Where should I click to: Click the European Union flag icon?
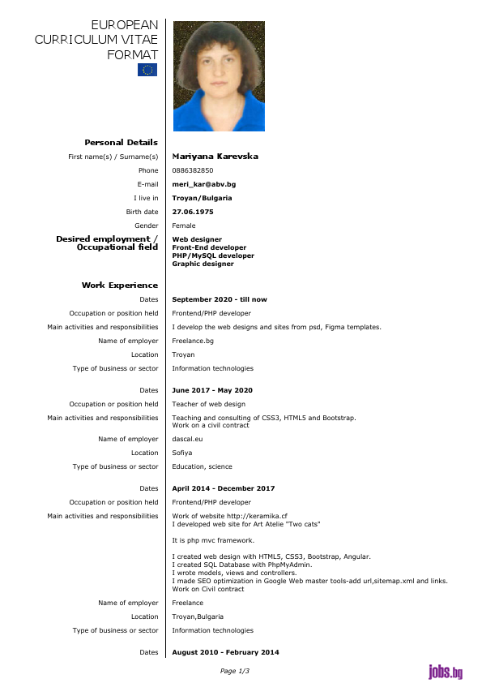click(x=147, y=70)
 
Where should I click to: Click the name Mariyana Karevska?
click(x=215, y=157)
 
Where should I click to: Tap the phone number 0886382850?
click(x=193, y=170)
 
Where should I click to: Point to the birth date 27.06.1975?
click(x=193, y=212)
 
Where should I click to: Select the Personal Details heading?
click(x=121, y=143)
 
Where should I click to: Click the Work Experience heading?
click(x=120, y=286)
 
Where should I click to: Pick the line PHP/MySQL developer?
click(x=213, y=256)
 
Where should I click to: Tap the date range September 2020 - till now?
click(x=219, y=299)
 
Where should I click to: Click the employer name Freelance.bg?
click(x=193, y=341)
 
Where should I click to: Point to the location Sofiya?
click(x=182, y=453)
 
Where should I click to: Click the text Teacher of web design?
click(x=208, y=404)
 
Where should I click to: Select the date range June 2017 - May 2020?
click(x=212, y=390)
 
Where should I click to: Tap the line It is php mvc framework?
click(x=213, y=539)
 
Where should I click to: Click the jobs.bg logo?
click(x=446, y=672)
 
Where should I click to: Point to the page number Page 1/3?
click(x=235, y=671)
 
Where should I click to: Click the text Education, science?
click(x=202, y=466)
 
